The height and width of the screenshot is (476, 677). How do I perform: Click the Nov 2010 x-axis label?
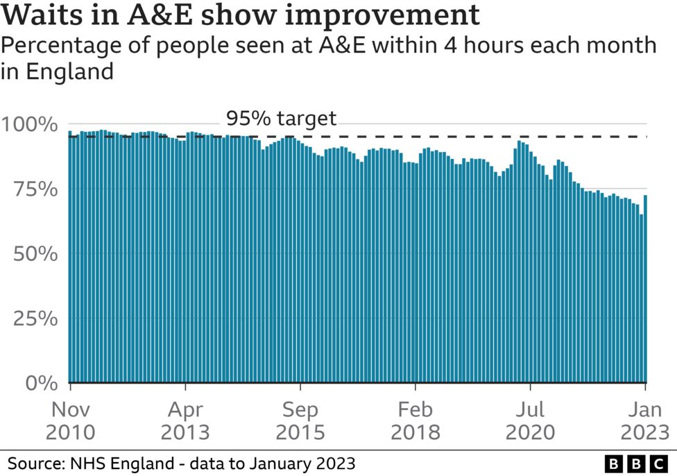(x=70, y=420)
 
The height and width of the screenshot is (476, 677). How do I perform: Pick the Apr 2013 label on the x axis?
(x=185, y=420)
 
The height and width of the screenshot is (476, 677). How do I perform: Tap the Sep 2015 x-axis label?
(x=300, y=420)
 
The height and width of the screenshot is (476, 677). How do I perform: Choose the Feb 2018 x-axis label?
(x=415, y=420)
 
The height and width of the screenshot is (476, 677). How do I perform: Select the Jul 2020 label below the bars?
(x=530, y=420)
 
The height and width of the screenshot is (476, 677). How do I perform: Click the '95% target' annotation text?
(x=281, y=119)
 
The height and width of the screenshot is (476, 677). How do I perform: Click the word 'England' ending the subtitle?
(x=68, y=71)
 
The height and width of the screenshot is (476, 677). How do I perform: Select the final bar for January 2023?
(x=646, y=289)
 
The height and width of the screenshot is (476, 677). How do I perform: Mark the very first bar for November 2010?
(x=69, y=257)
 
